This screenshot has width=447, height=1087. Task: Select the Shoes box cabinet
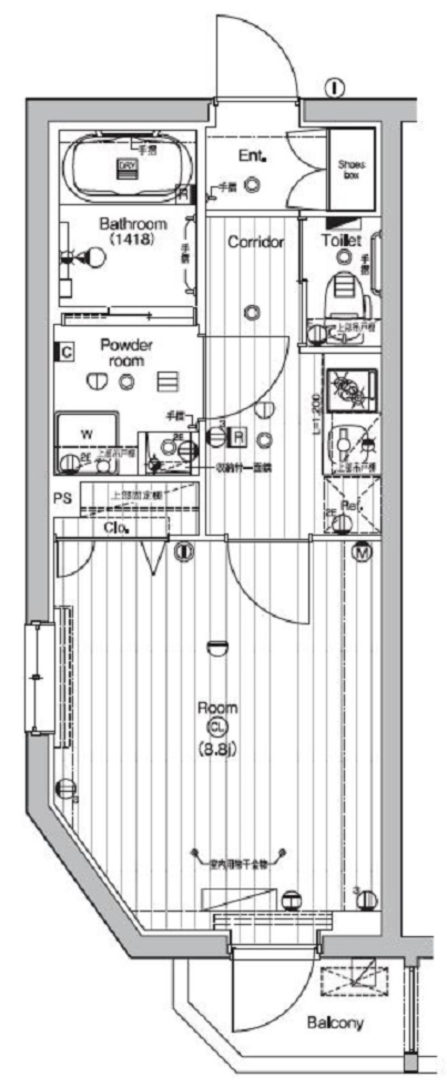tap(352, 170)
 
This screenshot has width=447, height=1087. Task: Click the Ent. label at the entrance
tap(252, 156)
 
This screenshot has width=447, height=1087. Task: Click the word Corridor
tap(256, 242)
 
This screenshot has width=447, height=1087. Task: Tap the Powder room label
tap(126, 353)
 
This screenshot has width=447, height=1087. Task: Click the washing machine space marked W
tap(87, 435)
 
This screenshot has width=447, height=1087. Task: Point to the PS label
tap(62, 499)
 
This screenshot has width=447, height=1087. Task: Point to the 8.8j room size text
tap(217, 749)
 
